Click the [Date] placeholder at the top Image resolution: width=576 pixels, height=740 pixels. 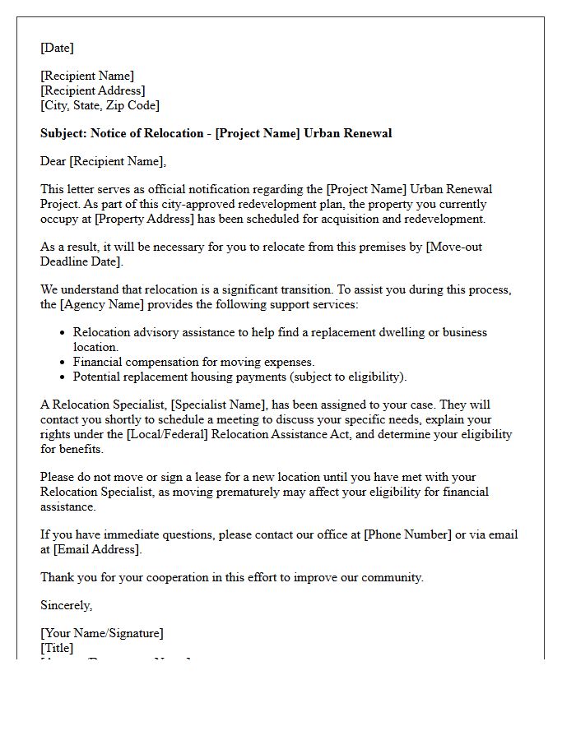coord(57,48)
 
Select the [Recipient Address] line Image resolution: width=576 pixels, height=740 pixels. coord(92,90)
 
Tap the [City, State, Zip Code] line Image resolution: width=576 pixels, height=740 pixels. coord(100,105)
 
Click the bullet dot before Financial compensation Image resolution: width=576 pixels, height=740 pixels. coord(63,363)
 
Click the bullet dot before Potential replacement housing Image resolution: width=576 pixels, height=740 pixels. coord(63,377)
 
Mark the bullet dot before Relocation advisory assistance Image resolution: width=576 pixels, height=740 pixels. coord(63,333)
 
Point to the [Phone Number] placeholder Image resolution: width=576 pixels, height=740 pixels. coord(408,534)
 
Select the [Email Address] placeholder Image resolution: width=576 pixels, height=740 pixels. coord(98,549)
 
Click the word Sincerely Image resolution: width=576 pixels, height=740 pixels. coord(66,605)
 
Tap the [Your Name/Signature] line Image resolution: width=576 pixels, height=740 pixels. coord(101,633)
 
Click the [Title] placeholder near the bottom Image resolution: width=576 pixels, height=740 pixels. coord(57,648)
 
